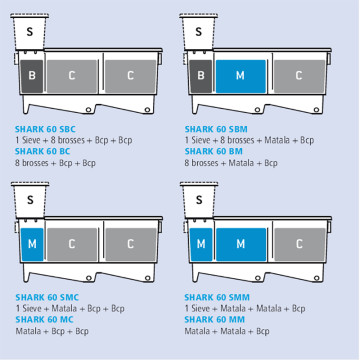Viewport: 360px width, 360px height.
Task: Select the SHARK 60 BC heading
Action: tap(43, 151)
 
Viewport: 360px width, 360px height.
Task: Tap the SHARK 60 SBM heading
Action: tap(216, 129)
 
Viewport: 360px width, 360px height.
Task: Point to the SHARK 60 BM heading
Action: tap(214, 151)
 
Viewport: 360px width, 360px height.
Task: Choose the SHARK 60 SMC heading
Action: tap(47, 297)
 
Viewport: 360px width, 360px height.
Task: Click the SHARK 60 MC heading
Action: tap(44, 320)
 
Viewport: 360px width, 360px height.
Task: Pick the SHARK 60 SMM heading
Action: tap(217, 297)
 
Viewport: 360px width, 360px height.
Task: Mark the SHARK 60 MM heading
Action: tap(215, 320)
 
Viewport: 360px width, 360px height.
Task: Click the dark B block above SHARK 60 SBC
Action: tap(32, 76)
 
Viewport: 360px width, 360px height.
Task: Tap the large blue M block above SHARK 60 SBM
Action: tap(241, 76)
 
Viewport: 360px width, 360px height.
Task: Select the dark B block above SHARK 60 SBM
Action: tap(201, 76)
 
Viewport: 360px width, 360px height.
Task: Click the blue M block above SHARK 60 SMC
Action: tap(32, 244)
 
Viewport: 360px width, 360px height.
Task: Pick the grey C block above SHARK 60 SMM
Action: tap(300, 244)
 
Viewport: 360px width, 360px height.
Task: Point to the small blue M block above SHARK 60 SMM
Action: tap(201, 244)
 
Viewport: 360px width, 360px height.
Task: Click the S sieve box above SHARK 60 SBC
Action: tap(30, 32)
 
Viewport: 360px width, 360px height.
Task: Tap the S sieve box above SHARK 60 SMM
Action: tap(199, 200)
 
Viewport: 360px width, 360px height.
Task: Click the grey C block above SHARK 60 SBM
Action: tap(299, 76)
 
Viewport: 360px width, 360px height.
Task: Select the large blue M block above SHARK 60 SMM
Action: tap(241, 244)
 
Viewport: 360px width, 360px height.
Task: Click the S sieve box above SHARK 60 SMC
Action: tap(30, 200)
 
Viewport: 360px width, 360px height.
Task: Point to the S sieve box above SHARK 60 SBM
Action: tap(199, 32)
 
